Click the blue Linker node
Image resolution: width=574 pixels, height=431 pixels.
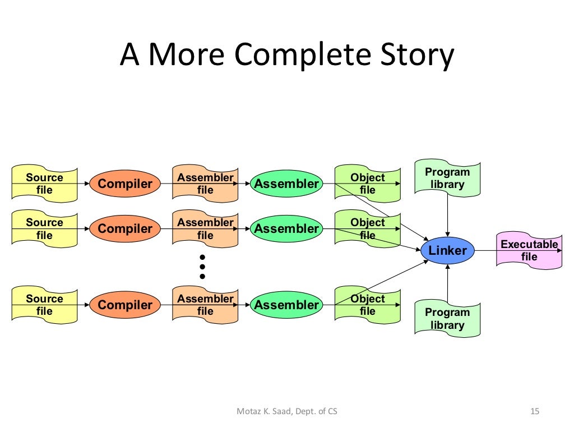pyautogui.click(x=447, y=250)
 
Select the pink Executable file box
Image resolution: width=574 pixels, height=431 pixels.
pyautogui.click(x=529, y=251)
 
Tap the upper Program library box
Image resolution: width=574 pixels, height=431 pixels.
pyautogui.click(x=447, y=178)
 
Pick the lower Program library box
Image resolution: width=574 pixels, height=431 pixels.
pyautogui.click(x=447, y=319)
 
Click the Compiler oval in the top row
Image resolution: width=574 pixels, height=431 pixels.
pyautogui.click(x=125, y=184)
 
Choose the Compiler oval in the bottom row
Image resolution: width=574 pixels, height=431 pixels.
pyautogui.click(x=125, y=305)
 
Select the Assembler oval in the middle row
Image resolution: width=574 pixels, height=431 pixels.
pyautogui.click(x=286, y=228)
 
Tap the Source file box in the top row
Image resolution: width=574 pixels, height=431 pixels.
pyautogui.click(x=44, y=184)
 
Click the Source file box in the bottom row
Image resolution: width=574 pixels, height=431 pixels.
pyautogui.click(x=44, y=305)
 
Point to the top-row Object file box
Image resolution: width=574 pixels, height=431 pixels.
pyautogui.click(x=368, y=184)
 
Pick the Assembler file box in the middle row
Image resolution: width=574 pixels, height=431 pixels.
pyautogui.click(x=205, y=228)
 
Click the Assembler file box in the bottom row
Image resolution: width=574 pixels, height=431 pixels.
pyautogui.click(x=205, y=305)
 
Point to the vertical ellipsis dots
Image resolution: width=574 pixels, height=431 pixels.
pyautogui.click(x=202, y=267)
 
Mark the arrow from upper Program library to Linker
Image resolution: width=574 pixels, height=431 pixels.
pyautogui.click(x=447, y=216)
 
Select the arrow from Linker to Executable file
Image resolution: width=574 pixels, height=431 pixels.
pyautogui.click(x=485, y=250)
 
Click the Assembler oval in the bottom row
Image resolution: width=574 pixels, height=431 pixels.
pyautogui.click(x=286, y=305)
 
